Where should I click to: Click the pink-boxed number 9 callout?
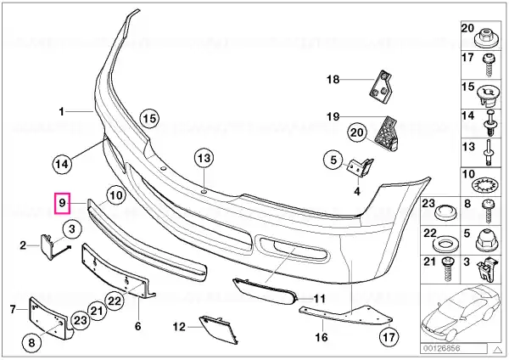(x=62, y=203)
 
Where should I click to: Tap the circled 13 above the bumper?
(x=204, y=159)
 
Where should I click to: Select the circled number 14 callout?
(x=62, y=164)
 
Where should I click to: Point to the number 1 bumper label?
(x=61, y=112)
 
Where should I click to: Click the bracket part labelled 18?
(x=380, y=87)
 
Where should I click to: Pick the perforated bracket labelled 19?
(x=388, y=133)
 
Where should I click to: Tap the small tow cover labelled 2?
(x=47, y=246)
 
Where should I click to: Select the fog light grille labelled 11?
(x=266, y=290)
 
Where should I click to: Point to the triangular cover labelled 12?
(x=218, y=329)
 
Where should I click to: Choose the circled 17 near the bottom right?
(x=389, y=337)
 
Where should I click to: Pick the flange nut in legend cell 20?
(x=485, y=38)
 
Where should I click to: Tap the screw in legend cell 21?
(x=448, y=268)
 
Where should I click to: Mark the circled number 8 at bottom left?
(x=31, y=343)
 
